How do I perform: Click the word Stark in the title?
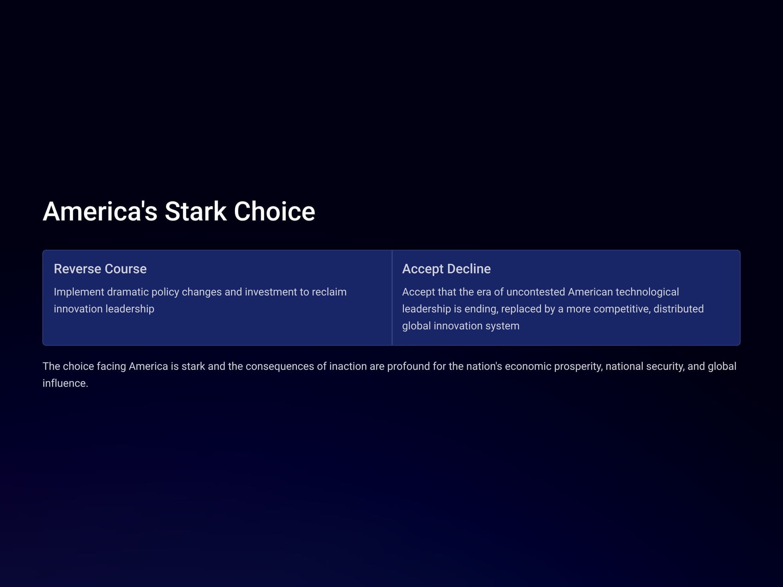195,211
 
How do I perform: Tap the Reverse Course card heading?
100,269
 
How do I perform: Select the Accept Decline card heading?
446,269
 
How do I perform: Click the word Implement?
79,292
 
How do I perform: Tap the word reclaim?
329,292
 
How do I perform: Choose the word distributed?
678,309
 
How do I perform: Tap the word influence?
65,383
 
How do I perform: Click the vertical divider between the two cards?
392,298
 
